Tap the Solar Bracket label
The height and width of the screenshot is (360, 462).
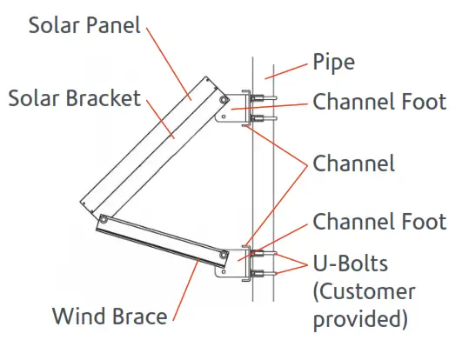74,97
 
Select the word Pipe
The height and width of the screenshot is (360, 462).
334,63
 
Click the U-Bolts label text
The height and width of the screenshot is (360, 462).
352,263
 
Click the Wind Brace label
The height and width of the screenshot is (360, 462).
109,316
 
